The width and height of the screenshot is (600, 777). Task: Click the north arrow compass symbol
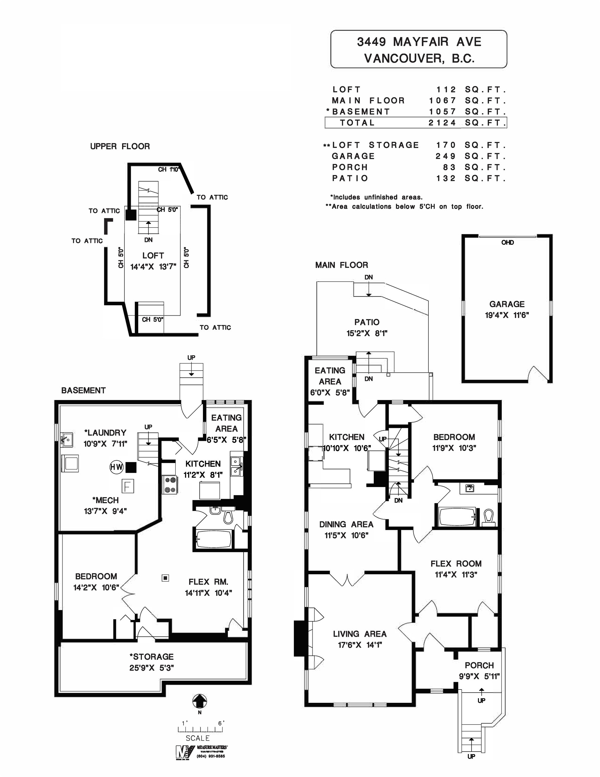(200, 701)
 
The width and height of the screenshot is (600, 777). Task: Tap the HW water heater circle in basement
(116, 467)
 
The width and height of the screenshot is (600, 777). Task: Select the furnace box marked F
(128, 486)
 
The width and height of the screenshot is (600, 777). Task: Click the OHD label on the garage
(507, 242)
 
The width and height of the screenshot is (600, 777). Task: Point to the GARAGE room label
(507, 304)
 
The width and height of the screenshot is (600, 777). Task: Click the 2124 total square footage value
(442, 123)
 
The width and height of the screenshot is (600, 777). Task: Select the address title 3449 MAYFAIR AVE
(419, 42)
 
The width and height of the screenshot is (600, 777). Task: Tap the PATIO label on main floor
(367, 322)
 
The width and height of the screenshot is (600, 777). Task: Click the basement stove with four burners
(170, 485)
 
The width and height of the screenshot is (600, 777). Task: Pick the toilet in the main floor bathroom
(489, 518)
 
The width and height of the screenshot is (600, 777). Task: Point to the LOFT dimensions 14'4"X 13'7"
(153, 267)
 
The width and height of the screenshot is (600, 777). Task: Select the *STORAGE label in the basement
(151, 657)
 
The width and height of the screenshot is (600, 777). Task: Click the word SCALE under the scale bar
(198, 738)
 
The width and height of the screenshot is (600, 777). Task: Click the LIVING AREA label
(360, 634)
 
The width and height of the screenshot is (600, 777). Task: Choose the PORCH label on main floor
(479, 665)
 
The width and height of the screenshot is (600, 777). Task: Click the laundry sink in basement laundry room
(67, 440)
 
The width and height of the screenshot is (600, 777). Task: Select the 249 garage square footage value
(446, 156)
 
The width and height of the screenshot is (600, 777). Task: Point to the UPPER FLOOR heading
(120, 146)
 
